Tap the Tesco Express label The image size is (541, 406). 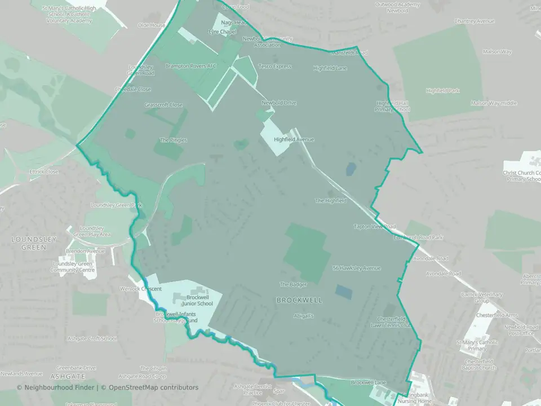[275, 67]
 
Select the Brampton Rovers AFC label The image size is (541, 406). [190, 66]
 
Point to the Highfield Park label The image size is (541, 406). [443, 90]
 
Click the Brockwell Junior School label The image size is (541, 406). [199, 301]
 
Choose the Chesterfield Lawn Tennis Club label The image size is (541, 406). [392, 322]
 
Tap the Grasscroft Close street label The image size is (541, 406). [163, 105]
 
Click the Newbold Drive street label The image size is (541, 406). [279, 103]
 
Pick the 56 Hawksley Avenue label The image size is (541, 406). [357, 268]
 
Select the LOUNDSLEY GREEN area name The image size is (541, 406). [34, 243]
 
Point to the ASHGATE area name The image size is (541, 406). [67, 376]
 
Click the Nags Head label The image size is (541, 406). [234, 23]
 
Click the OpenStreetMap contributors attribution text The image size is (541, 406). [153, 387]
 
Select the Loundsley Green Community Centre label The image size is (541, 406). [73, 267]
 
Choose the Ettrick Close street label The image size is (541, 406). [44, 171]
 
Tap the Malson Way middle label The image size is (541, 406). [494, 103]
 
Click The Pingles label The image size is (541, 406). [173, 140]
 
